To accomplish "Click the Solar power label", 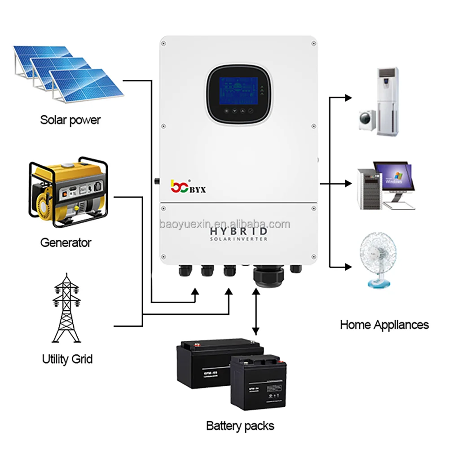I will click(x=70, y=120).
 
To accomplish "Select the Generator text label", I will click(x=66, y=243).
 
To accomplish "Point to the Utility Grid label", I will click(x=67, y=359).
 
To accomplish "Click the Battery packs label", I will click(x=240, y=425).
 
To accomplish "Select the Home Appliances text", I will click(x=384, y=324).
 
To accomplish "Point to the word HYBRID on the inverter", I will click(x=239, y=231).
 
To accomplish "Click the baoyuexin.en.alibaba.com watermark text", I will click(x=225, y=224).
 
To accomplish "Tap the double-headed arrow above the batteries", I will click(x=256, y=312).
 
